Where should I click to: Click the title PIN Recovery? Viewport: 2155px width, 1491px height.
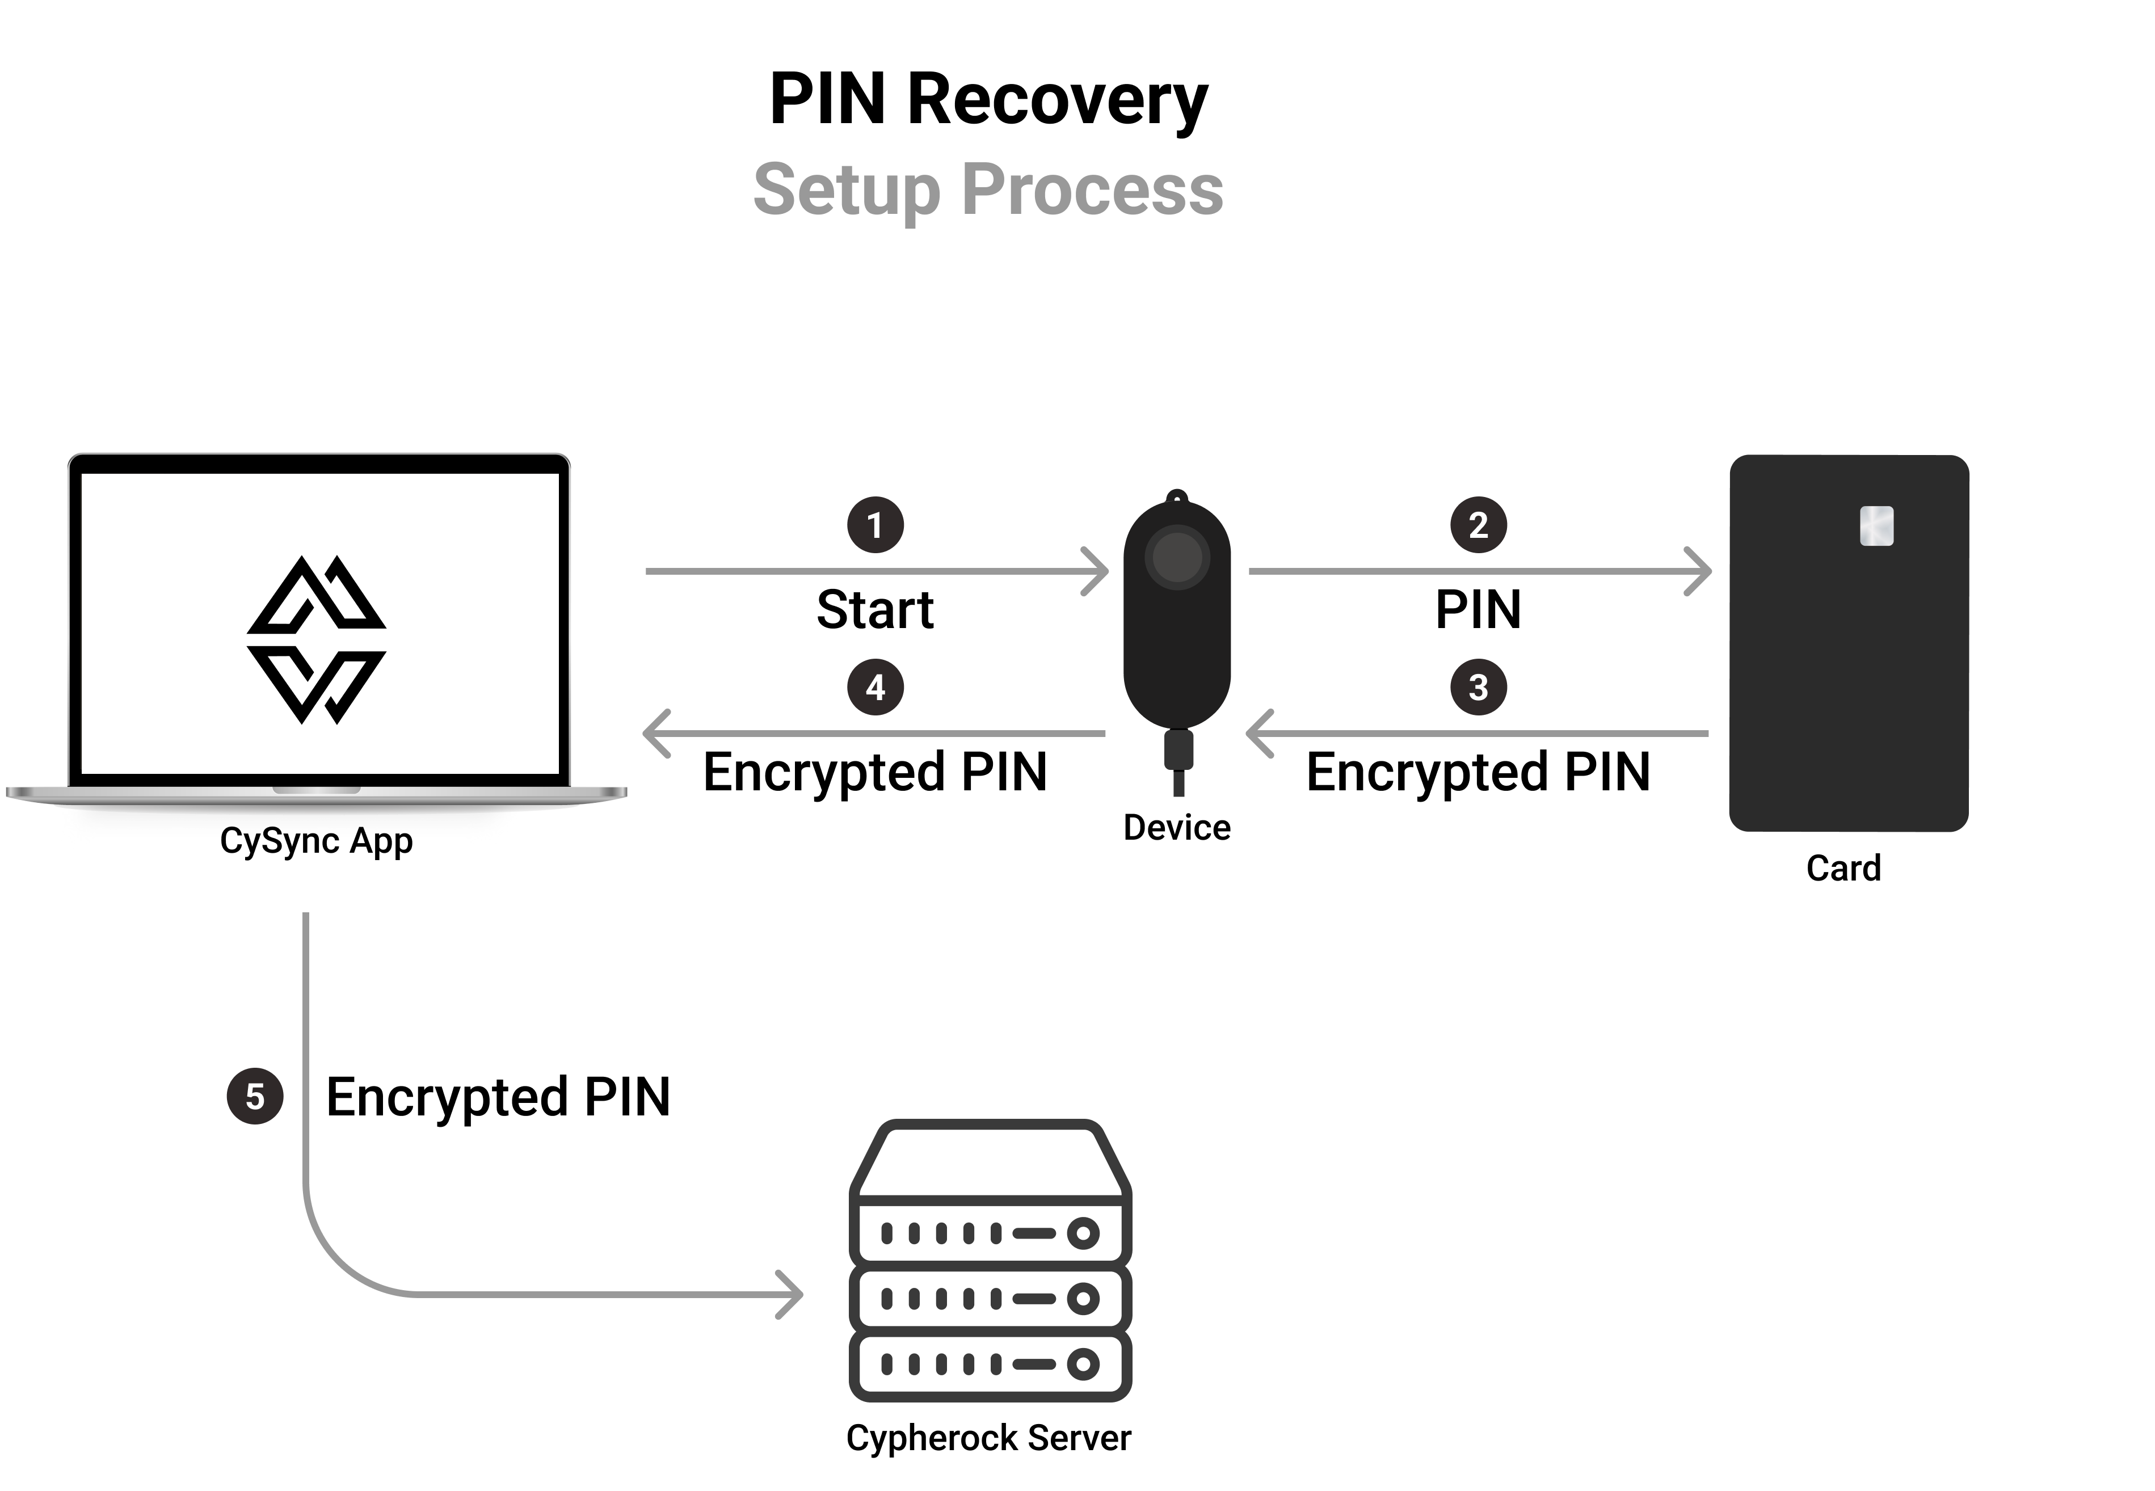coord(988,100)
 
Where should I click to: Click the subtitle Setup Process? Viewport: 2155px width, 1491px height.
coord(988,189)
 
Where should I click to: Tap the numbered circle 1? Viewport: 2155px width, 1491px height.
coord(876,525)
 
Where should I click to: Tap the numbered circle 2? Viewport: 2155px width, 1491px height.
coord(1478,525)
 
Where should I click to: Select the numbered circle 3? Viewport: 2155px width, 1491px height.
coord(1478,688)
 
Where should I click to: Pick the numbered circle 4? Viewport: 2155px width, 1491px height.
coord(876,688)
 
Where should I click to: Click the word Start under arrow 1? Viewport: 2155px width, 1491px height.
coord(876,610)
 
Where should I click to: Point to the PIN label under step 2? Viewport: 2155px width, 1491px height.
coord(1478,610)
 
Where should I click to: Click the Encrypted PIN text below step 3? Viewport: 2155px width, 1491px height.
coord(1478,773)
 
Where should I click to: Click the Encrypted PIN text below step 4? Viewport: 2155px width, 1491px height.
coord(876,773)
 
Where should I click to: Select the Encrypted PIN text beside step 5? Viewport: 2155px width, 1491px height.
coord(498,1097)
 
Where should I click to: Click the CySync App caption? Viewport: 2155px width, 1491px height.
coord(315,841)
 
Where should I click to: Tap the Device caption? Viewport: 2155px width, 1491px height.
coord(1176,828)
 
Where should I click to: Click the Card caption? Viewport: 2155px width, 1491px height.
coord(1843,869)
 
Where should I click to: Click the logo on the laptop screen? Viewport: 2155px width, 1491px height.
coord(317,640)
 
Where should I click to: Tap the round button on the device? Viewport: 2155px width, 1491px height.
coord(1177,558)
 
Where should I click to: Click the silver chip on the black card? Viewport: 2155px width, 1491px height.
coord(1876,526)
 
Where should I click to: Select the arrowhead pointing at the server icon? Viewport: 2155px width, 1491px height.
coord(792,1295)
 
